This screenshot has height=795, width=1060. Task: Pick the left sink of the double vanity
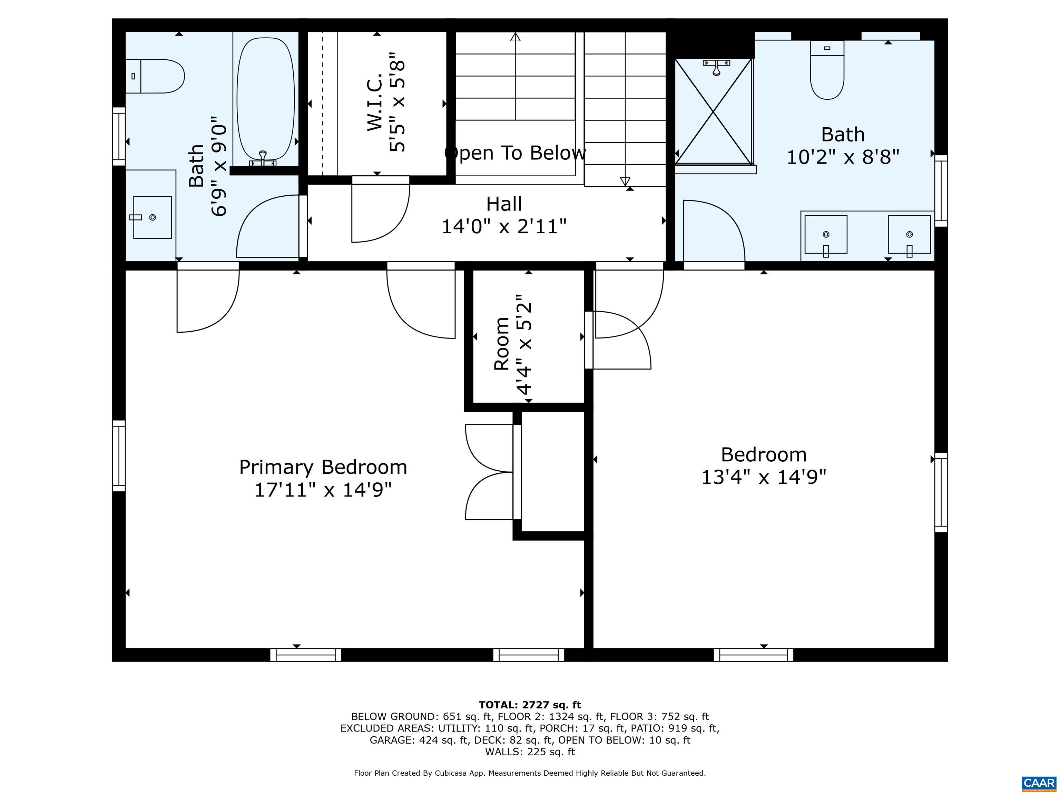tap(826, 234)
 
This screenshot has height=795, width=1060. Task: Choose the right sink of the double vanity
tap(909, 234)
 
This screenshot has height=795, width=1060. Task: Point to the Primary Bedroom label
tap(323, 467)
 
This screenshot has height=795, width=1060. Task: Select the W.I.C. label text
tap(375, 102)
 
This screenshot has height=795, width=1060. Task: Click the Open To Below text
tap(515, 153)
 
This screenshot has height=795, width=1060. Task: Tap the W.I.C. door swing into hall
tap(381, 211)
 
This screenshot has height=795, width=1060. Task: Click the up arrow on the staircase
tap(515, 37)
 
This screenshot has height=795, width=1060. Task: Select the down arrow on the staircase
tap(625, 181)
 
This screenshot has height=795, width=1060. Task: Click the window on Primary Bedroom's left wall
tap(119, 456)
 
